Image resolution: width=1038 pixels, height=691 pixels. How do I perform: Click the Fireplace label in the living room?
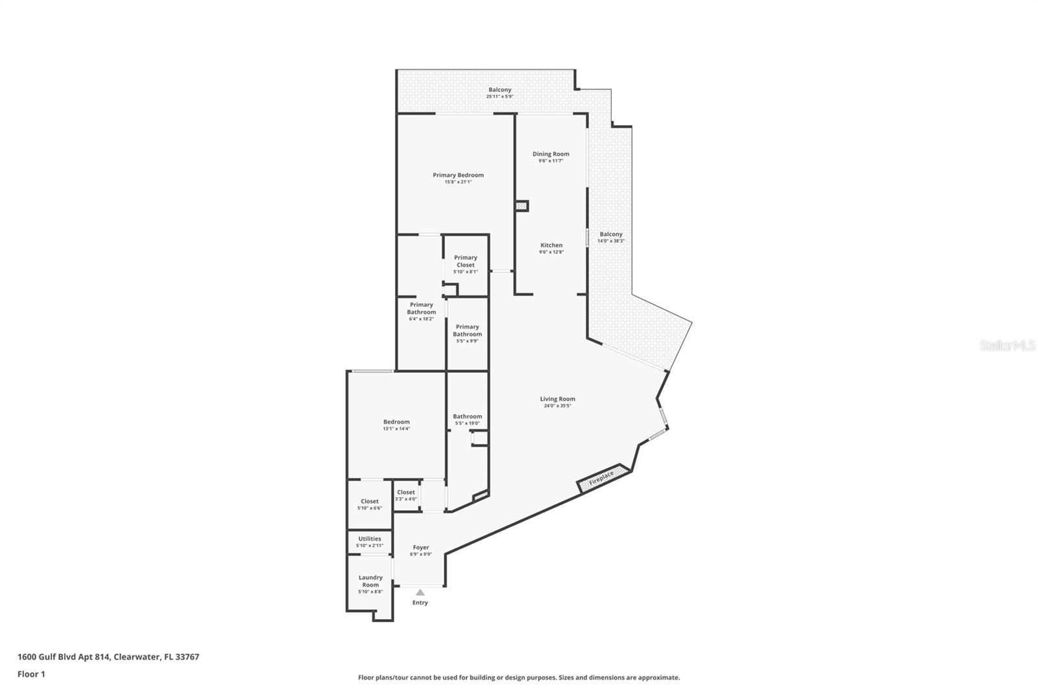tap(601, 477)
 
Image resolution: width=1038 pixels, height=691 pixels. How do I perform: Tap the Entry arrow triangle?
tap(420, 592)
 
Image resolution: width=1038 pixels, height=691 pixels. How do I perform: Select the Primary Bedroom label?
tap(458, 175)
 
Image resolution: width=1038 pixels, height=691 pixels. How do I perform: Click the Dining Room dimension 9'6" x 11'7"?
tap(551, 161)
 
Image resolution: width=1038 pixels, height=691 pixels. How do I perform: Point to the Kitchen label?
tap(551, 245)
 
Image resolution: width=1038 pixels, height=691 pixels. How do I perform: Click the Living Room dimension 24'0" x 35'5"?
tap(557, 406)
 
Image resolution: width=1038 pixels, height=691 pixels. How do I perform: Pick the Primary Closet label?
tap(465, 261)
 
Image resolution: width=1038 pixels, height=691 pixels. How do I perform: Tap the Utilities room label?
tap(370, 539)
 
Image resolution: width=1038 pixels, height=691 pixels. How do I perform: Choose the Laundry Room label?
tap(370, 581)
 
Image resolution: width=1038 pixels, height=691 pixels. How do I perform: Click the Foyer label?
tap(420, 547)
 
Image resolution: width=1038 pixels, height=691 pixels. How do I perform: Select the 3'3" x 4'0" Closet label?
tap(406, 492)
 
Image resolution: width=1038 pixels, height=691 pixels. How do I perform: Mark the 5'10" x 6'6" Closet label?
tap(370, 501)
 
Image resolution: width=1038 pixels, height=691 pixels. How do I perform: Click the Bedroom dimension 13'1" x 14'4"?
tap(396, 428)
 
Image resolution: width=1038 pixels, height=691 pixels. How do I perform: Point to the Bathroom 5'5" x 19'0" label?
tap(467, 416)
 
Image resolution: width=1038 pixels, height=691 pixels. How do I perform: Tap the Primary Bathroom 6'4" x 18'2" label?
tap(421, 308)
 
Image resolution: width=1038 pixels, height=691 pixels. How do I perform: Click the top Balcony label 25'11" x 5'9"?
tap(500, 89)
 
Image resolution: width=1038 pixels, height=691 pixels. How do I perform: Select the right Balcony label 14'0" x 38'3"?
tap(610, 234)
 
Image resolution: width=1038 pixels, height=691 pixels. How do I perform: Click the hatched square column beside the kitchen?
tap(522, 206)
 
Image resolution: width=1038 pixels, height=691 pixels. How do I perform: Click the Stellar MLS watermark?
tap(1007, 345)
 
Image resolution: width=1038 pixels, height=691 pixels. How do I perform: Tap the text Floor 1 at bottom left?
tap(31, 674)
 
